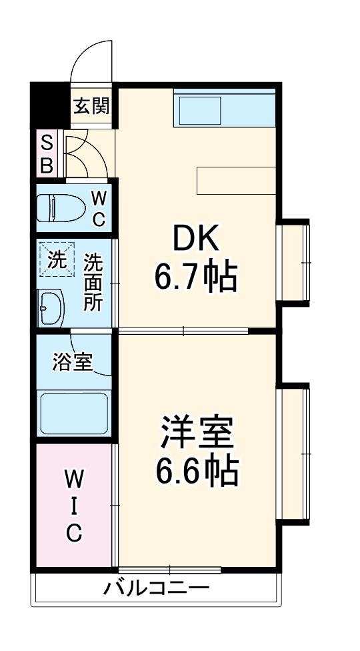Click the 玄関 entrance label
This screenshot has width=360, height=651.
coord(91,106)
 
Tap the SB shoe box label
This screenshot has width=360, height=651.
coord(47,154)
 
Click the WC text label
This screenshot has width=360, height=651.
coord(98,208)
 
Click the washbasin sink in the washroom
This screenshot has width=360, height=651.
coord(51,307)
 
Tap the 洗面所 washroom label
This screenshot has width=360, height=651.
coord(93,282)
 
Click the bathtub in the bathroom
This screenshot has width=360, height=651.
coord(74,414)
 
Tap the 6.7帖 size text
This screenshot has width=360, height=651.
coord(196,277)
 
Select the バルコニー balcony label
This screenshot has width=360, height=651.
coord(157,589)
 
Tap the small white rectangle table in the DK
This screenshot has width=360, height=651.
coord(236,179)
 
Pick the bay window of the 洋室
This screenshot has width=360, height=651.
coord(294,454)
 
